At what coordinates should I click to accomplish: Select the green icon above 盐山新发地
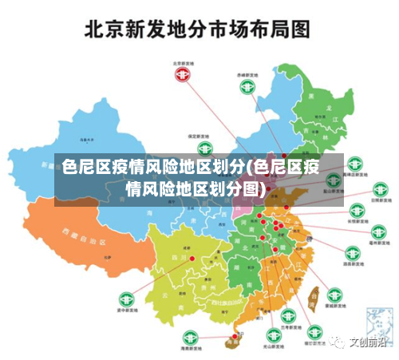point(354,166)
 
